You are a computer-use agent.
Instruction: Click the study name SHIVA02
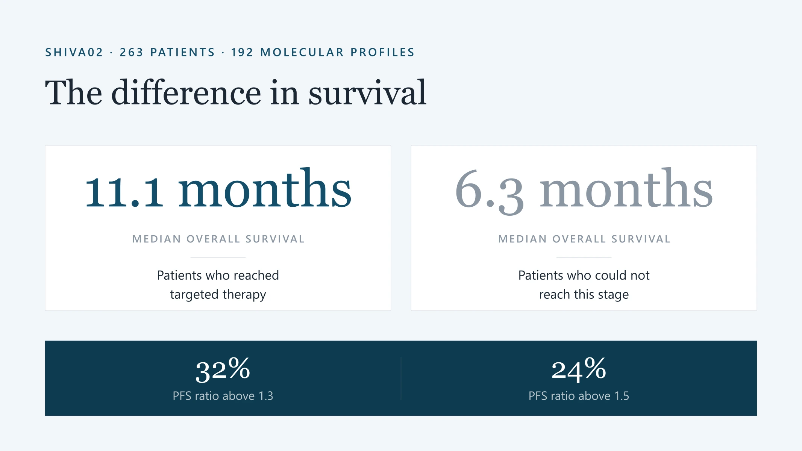pos(74,52)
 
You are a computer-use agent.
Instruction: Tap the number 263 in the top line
pos(132,52)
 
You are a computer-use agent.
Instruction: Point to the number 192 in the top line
pos(243,52)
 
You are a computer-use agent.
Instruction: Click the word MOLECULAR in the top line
pos(302,52)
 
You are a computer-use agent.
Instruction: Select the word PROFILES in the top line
pos(382,52)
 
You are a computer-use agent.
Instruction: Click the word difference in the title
pos(186,92)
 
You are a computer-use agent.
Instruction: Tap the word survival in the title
pos(367,92)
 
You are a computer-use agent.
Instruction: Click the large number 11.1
pos(124,192)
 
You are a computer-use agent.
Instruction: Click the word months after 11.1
pos(265,188)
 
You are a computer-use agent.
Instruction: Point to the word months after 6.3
pos(626,188)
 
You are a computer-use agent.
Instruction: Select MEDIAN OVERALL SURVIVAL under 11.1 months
pos(218,239)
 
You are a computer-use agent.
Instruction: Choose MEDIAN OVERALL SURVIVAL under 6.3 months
pos(584,239)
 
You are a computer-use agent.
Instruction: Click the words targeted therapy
pos(218,295)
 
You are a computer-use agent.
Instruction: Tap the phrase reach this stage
pos(584,295)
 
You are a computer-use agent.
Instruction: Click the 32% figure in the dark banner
pos(223,370)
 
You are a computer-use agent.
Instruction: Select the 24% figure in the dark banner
pos(579,370)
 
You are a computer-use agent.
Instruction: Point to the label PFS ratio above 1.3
pos(223,396)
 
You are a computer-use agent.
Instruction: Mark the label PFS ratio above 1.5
pos(579,396)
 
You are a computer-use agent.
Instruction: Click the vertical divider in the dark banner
pos(401,378)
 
